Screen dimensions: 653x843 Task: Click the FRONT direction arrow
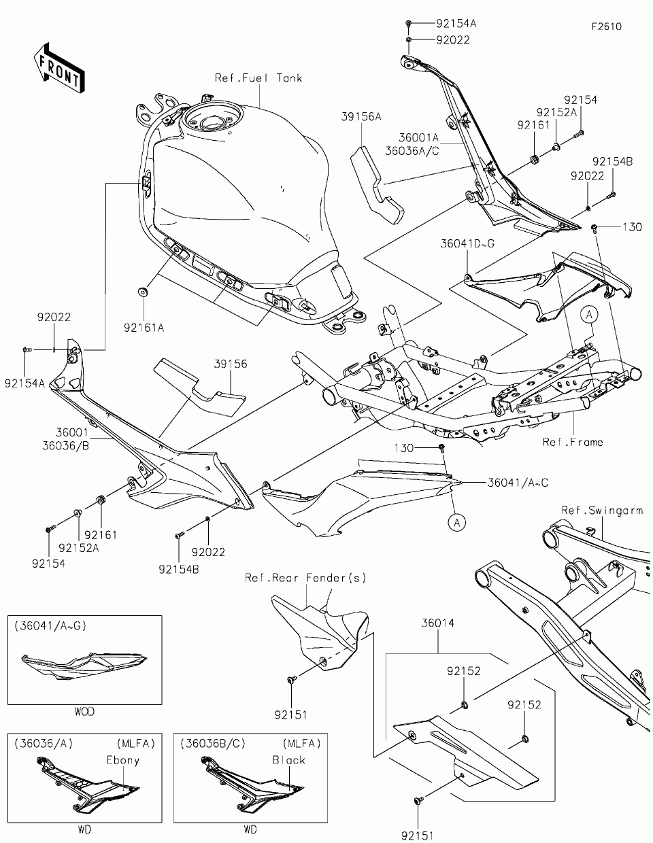58,68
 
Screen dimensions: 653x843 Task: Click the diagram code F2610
607,27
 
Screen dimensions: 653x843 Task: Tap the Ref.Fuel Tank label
258,78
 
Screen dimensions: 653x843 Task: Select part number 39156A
361,116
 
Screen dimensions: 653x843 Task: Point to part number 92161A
144,328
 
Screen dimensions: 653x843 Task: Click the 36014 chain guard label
438,623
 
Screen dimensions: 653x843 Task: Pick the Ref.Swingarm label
602,511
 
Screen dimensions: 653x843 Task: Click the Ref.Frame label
573,442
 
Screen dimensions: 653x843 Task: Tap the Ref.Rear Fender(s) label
305,578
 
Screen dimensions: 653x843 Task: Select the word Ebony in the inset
123,760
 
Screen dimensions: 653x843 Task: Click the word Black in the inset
288,760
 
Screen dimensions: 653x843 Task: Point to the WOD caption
84,712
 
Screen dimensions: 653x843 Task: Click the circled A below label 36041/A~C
457,523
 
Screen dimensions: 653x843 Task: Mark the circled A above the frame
589,315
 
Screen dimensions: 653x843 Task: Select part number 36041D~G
467,243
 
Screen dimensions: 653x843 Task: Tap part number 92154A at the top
456,24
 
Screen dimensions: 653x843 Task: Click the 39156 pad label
231,364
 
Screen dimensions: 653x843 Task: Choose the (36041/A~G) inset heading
50,625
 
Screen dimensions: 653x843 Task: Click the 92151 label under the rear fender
291,715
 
